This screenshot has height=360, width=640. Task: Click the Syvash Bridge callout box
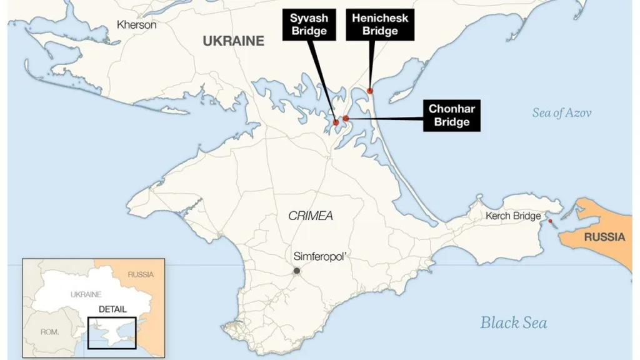[x=309, y=24]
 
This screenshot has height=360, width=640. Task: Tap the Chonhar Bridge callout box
[x=451, y=116]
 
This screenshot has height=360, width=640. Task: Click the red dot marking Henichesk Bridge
[x=370, y=91]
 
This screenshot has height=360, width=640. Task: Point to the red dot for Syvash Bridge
[x=336, y=122]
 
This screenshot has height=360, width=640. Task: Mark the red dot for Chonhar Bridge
[x=346, y=118]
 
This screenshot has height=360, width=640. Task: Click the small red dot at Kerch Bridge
[x=550, y=221]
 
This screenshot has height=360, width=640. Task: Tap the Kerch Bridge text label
[x=513, y=216]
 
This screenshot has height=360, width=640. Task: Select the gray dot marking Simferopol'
[x=297, y=271]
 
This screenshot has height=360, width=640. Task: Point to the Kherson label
[x=136, y=25]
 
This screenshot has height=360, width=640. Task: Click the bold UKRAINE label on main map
[x=233, y=41]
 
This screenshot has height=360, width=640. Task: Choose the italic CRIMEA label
[x=311, y=216]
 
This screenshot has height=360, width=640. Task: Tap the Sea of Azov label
[x=561, y=113]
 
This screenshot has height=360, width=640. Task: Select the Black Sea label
[x=513, y=322]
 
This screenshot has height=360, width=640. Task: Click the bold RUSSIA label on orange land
[x=604, y=237]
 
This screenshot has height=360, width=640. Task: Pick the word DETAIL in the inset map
[x=112, y=309]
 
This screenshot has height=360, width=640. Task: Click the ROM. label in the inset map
[x=49, y=332]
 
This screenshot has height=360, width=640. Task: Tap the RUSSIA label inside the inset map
[x=140, y=274]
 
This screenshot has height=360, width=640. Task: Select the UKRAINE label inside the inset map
[x=86, y=294]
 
